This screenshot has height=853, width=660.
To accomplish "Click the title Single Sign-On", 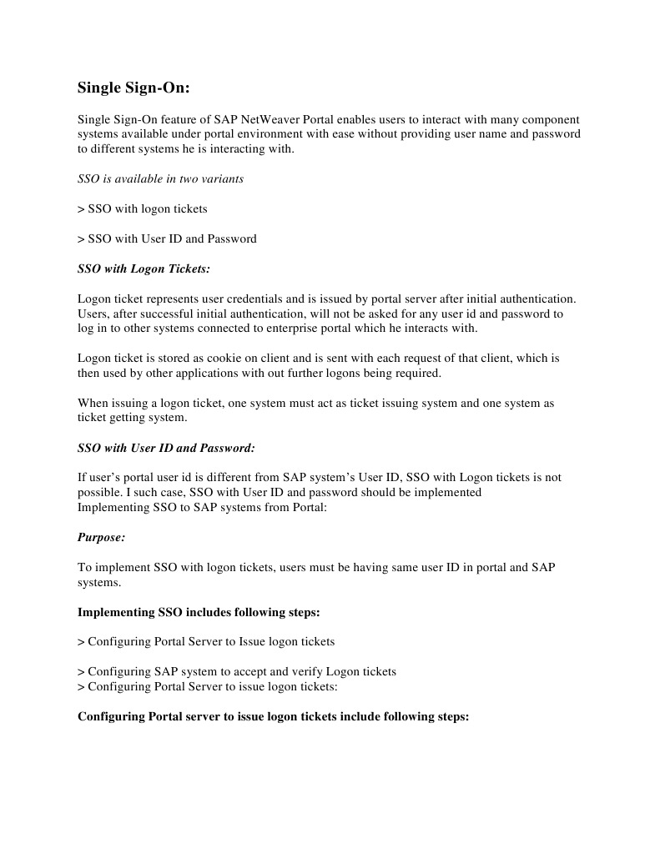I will click(x=134, y=87).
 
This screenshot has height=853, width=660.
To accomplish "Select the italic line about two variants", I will click(x=160, y=179).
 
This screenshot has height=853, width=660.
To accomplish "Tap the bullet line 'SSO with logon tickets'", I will click(x=143, y=208).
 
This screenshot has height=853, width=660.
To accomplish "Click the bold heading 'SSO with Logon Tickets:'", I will click(x=144, y=268).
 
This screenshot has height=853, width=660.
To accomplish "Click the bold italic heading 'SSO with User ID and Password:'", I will click(x=166, y=448).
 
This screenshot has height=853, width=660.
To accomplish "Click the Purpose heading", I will click(x=101, y=538).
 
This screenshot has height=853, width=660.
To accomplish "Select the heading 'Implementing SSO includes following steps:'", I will click(x=199, y=612).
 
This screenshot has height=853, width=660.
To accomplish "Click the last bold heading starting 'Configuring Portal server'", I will click(x=274, y=716).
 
